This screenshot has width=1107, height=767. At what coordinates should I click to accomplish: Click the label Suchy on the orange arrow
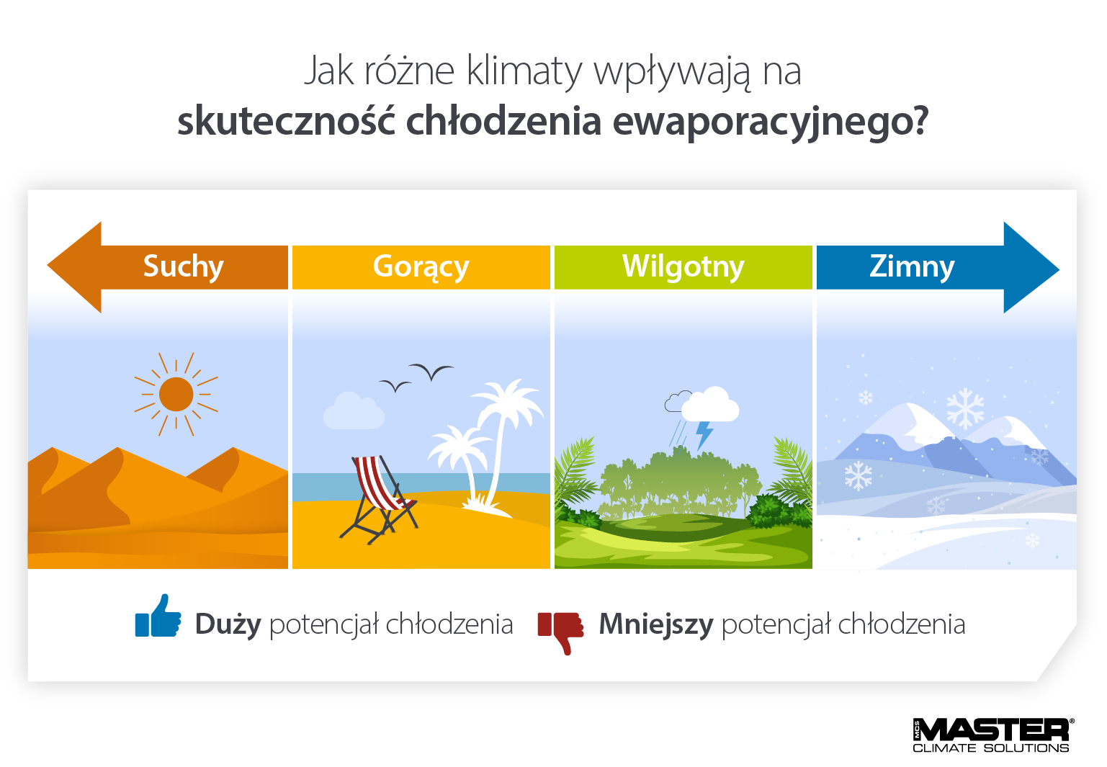click(x=183, y=266)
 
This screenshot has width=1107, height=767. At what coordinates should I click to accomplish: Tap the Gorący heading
click(x=421, y=266)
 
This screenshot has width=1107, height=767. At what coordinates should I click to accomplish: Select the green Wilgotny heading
click(x=683, y=266)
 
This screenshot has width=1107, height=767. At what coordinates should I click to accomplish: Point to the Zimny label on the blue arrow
click(x=912, y=266)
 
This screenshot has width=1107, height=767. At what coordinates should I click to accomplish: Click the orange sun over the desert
click(x=176, y=395)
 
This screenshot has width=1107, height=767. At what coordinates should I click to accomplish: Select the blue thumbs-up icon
click(x=158, y=617)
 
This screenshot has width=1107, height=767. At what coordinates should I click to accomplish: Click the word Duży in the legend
click(x=228, y=624)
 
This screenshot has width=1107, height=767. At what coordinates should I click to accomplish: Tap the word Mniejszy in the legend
click(x=655, y=624)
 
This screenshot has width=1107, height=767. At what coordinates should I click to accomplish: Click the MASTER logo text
click(x=993, y=730)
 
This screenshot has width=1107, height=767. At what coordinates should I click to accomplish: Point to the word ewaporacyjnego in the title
click(x=770, y=121)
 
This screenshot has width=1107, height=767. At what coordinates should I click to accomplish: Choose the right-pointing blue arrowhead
click(x=1030, y=267)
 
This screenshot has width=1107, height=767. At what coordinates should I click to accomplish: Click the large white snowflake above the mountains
click(x=965, y=408)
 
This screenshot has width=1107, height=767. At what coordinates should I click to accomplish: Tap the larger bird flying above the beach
click(x=431, y=372)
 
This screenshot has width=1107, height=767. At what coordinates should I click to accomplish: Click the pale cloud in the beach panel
click(x=353, y=412)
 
